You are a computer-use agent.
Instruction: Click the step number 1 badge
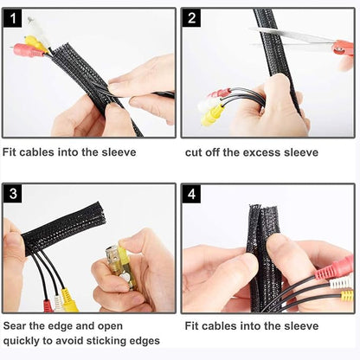coord(13,18)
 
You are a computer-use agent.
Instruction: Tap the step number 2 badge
coord(191,18)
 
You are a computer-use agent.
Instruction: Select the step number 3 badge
coord(13,194)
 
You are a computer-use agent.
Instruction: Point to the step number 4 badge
coord(191,194)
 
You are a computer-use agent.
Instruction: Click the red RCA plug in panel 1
coord(27,50)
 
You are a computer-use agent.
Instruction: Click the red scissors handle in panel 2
coord(344,48)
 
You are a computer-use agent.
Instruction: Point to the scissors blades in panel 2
coord(292,38)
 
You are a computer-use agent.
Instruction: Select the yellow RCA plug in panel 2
coord(213,115)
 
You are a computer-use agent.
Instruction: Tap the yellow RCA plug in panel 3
coord(68,300)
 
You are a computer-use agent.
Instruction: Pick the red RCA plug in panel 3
coord(48,306)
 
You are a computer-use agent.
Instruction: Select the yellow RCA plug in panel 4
coord(347,296)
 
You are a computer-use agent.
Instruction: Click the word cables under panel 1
coord(36,152)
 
